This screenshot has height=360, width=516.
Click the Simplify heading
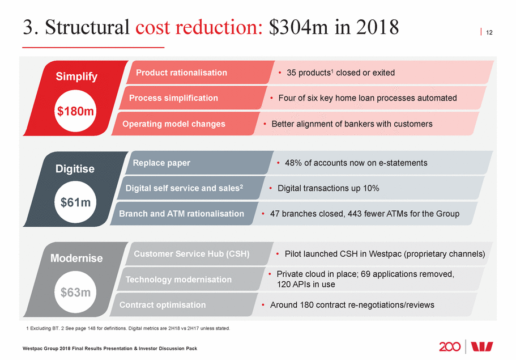click(76, 77)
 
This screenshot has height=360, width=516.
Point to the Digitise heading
click(75, 168)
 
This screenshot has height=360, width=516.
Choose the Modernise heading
click(76, 259)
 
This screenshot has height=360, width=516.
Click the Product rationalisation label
click(181, 73)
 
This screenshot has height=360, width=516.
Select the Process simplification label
click(173, 98)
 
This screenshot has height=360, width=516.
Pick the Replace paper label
click(161, 163)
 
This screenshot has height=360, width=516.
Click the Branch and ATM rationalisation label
click(181, 214)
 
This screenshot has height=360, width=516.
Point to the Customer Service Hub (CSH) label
click(191, 253)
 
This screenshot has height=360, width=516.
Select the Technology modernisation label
click(178, 279)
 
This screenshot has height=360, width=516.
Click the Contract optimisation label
click(163, 305)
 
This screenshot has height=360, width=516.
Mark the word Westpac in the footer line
click(33, 348)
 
